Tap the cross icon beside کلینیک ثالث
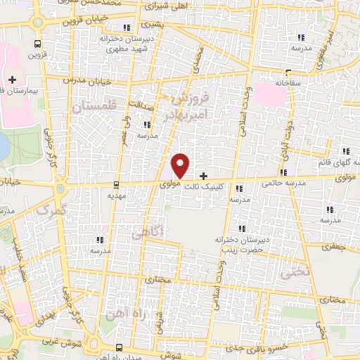[204, 176]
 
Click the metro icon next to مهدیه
[117, 186]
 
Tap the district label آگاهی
[157, 231]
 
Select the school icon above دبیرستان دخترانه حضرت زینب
[243, 229]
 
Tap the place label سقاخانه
[288, 82]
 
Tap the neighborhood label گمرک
[53, 210]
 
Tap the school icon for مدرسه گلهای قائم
[345, 151]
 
